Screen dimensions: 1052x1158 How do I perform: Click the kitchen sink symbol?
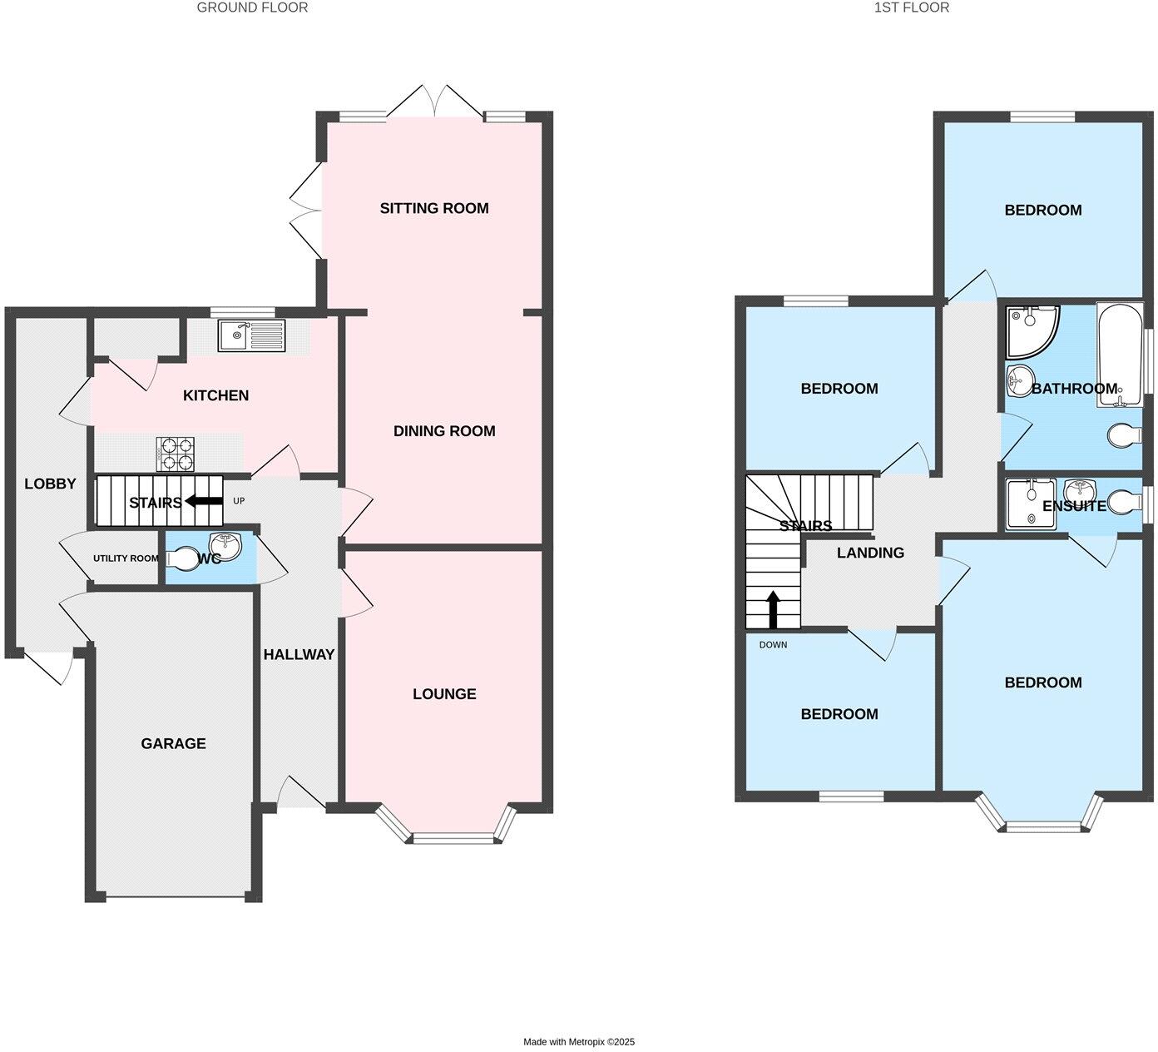point(251,336)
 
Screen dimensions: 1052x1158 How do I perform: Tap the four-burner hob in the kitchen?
point(175,454)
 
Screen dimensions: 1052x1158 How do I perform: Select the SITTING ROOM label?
point(434,208)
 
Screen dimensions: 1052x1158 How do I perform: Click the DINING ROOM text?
point(444,431)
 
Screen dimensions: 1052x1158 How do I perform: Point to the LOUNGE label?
point(444,694)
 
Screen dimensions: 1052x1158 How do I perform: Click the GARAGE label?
point(173,744)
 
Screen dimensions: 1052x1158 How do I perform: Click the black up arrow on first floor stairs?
point(773,609)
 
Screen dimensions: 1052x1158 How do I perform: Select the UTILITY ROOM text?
point(125,558)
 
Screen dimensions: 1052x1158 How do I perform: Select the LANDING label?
point(870,553)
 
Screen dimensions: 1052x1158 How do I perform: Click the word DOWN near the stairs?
point(773,645)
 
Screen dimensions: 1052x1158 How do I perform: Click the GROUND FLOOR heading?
point(252,7)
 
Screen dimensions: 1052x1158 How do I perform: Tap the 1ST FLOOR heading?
point(911,7)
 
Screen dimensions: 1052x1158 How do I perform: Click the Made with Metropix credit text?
point(578,1042)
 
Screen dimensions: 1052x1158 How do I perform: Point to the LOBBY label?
point(50,484)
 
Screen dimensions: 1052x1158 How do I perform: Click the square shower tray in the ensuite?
point(1030,504)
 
